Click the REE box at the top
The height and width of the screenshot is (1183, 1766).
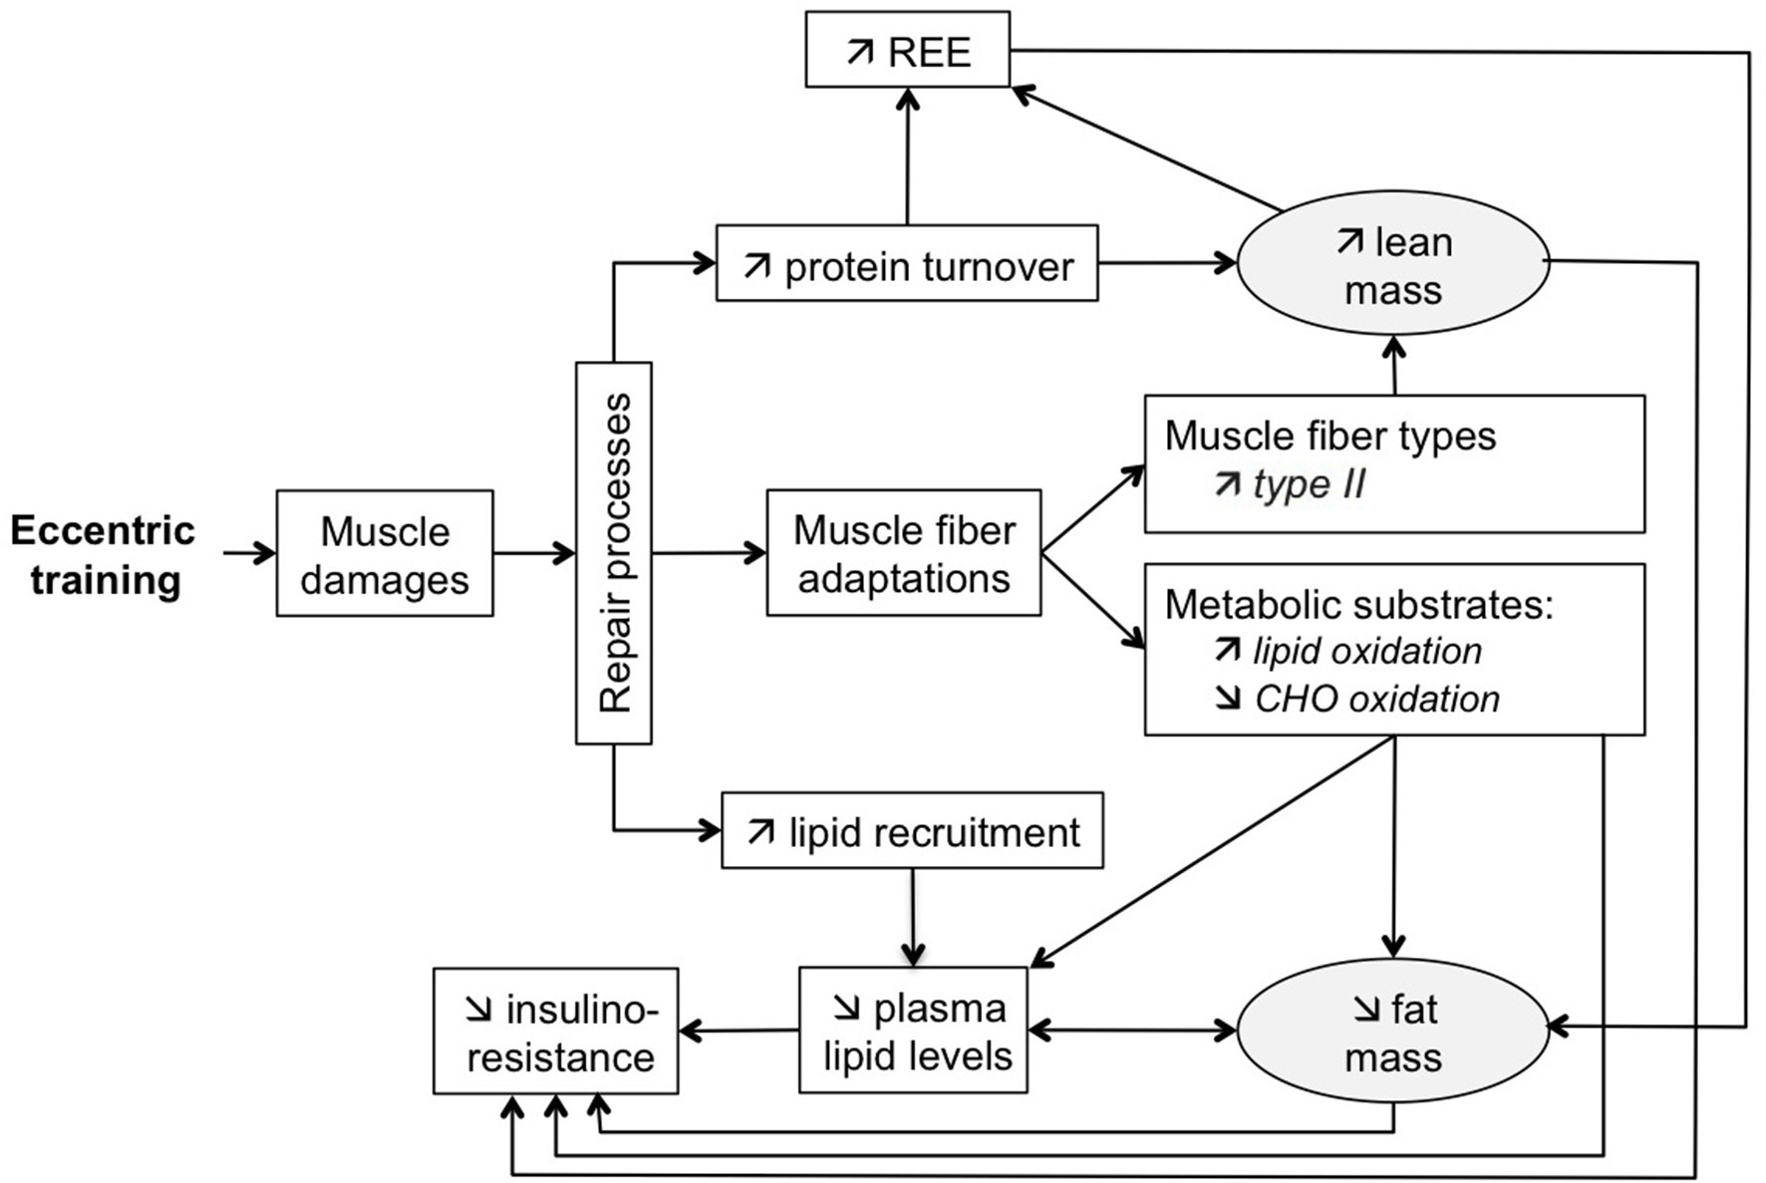[x=907, y=50]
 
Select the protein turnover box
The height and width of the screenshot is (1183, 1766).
[x=907, y=264]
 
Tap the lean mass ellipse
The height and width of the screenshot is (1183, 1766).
[x=1392, y=264]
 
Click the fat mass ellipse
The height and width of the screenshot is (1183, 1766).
[x=1392, y=1033]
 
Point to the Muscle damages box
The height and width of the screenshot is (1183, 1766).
[x=385, y=553]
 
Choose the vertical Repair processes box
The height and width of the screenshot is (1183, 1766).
[x=614, y=553]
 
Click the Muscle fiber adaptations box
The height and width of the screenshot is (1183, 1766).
[x=904, y=553]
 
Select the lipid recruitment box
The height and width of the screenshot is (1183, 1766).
[x=912, y=831]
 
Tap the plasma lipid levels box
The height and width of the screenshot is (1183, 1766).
[x=914, y=1031]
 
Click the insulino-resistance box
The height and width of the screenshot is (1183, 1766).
[x=556, y=1032]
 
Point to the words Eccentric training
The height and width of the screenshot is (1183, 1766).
[x=104, y=554]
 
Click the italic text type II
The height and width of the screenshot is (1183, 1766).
[x=1308, y=484]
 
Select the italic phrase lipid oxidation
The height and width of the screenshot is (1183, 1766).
[x=1366, y=651]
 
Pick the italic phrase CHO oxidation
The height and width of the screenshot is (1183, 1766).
[x=1376, y=699]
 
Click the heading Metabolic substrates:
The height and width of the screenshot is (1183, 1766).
[x=1358, y=604]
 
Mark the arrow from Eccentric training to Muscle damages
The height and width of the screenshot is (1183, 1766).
[x=248, y=553]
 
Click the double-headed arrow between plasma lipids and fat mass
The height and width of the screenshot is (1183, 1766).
[x=1132, y=1031]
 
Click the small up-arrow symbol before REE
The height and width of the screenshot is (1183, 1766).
[x=860, y=52]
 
